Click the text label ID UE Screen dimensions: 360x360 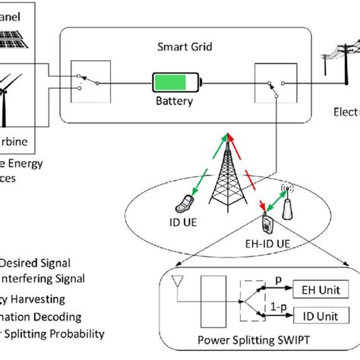[x=182, y=223]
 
